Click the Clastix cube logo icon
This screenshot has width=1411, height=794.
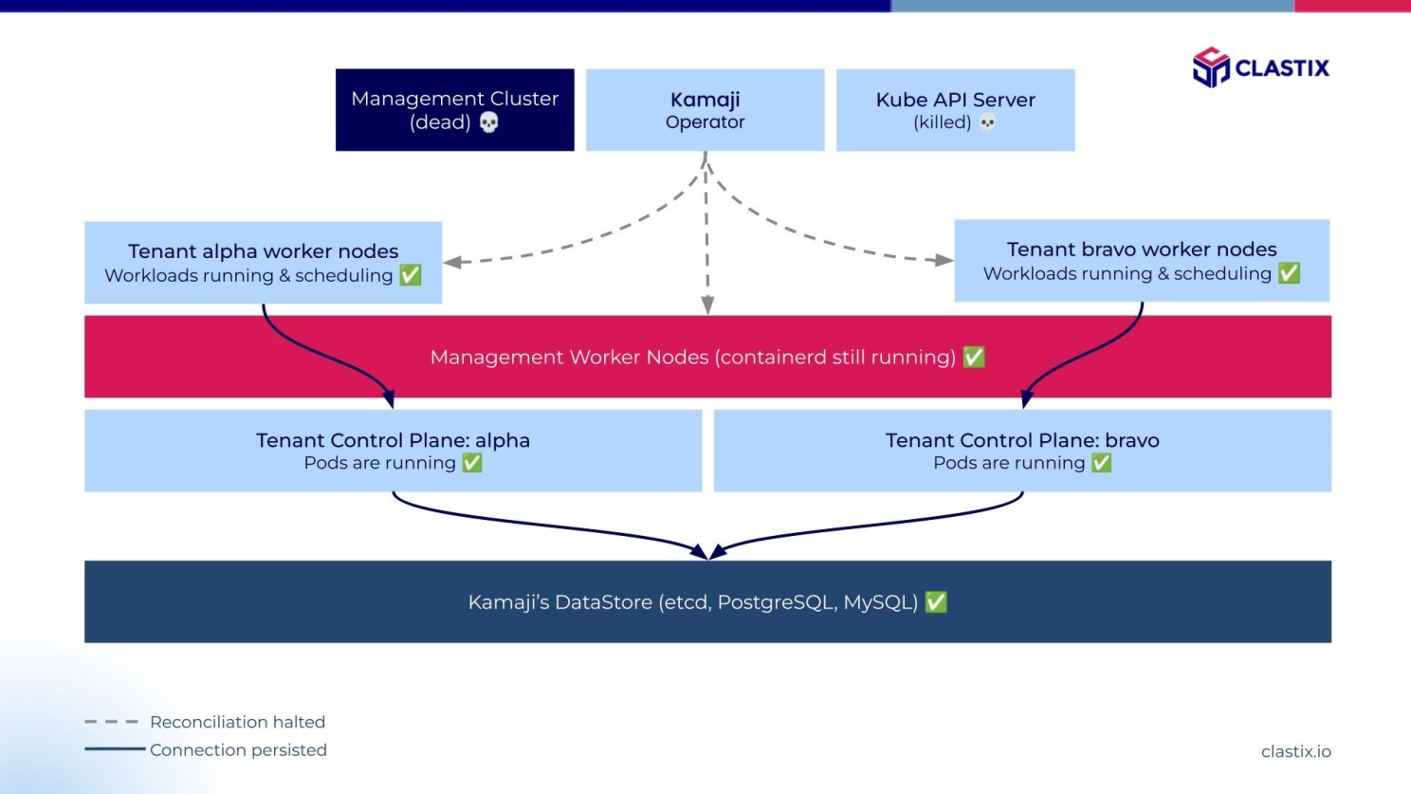[1211, 66]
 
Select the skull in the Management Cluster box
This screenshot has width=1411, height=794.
[488, 121]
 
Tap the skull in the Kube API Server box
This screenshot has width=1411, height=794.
[988, 122]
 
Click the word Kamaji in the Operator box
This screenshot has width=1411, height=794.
[705, 100]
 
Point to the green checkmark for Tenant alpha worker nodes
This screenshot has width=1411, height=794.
[410, 275]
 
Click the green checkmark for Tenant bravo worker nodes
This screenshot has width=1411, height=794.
[1289, 273]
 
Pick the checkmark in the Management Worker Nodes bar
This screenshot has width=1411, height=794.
[973, 358]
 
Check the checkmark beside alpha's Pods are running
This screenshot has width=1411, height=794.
[472, 463]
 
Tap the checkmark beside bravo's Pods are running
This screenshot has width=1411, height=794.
[1101, 463]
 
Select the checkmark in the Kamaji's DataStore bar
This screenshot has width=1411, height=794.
[936, 601]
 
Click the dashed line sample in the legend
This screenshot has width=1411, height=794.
[112, 722]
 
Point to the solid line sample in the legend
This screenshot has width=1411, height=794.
[115, 748]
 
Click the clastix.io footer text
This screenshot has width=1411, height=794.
[1295, 751]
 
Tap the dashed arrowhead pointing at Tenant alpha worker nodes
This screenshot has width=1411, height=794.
[452, 262]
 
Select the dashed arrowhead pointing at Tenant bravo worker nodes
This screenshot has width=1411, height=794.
[944, 260]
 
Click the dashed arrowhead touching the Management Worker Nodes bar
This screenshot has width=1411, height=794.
[707, 305]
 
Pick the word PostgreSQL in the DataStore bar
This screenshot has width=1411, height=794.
[777, 602]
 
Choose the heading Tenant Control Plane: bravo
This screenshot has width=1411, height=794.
[1022, 440]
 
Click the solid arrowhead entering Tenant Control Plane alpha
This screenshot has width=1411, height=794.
[389, 399]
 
